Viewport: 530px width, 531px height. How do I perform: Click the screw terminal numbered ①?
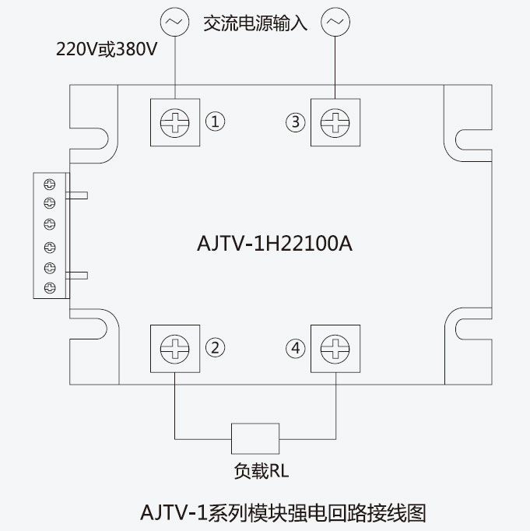174,121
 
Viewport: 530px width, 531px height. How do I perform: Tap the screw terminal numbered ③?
335,121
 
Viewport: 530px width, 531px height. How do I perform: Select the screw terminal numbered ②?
174,348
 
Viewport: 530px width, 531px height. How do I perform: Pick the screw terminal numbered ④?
335,348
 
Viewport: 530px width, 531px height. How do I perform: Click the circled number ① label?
215,121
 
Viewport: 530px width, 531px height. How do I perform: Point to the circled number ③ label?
294,121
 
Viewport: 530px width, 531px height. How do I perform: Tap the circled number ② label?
215,348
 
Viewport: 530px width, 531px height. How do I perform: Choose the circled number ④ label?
294,348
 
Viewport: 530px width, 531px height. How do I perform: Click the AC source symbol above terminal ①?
174,22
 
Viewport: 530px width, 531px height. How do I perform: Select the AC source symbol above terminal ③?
335,22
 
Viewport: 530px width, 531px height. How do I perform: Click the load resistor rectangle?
254,438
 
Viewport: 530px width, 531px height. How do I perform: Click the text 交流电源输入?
255,23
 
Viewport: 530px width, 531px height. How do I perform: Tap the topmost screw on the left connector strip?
50,185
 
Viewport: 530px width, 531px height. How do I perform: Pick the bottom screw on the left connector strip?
50,288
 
